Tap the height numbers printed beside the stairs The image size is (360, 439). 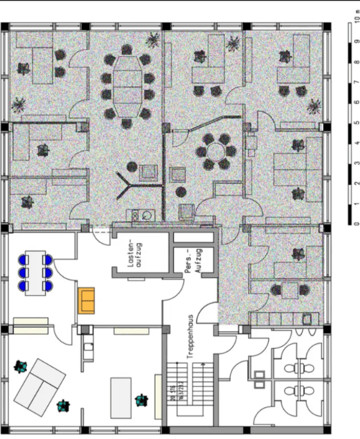click(173, 393)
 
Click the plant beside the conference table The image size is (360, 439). click(153, 40)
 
